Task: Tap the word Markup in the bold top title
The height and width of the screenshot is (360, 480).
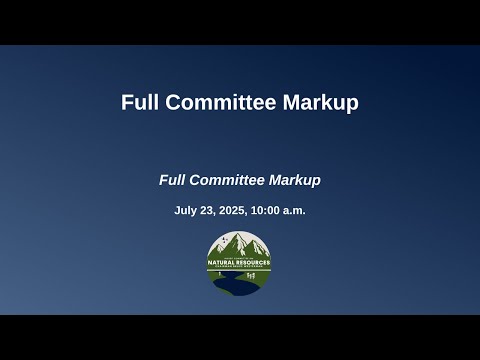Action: coord(324,102)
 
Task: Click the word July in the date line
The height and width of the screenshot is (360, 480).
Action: coord(185,211)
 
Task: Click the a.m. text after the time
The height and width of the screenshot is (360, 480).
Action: coord(296,211)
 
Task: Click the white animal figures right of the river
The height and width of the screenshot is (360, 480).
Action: coord(254,273)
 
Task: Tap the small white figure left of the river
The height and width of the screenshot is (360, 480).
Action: coord(221,273)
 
